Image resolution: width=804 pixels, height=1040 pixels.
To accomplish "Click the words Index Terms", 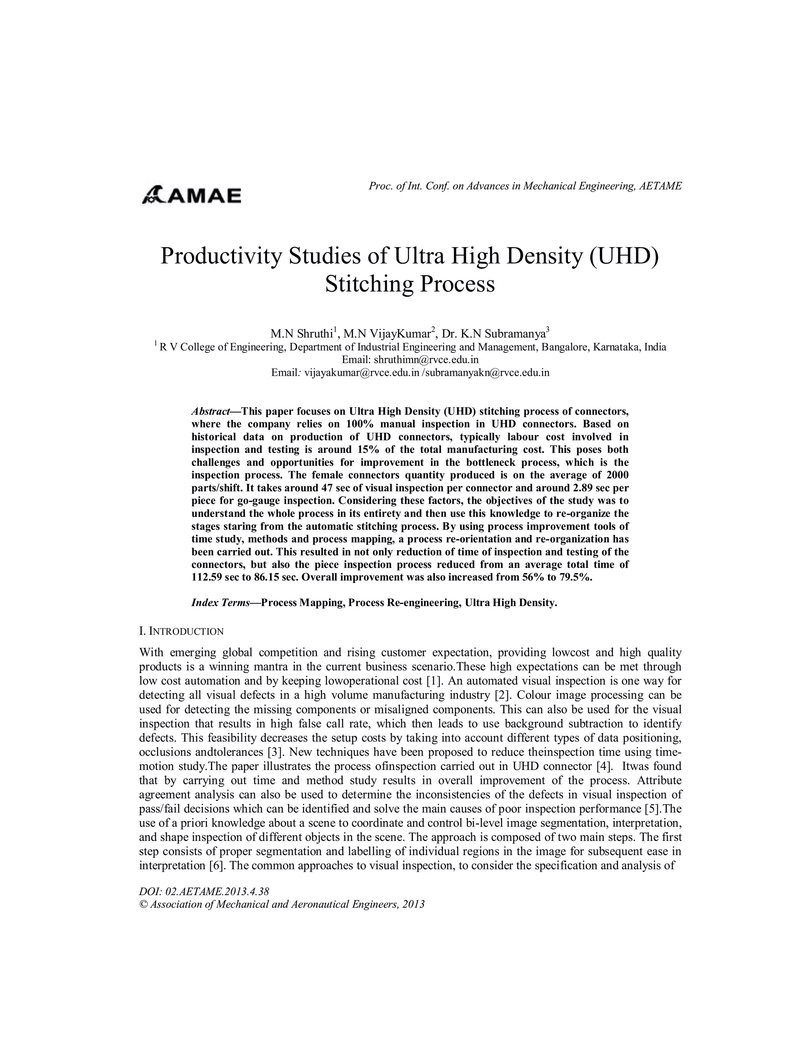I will pyautogui.click(x=221, y=603).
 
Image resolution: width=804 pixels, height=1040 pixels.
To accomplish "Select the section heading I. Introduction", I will pyautogui.click(x=181, y=631).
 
